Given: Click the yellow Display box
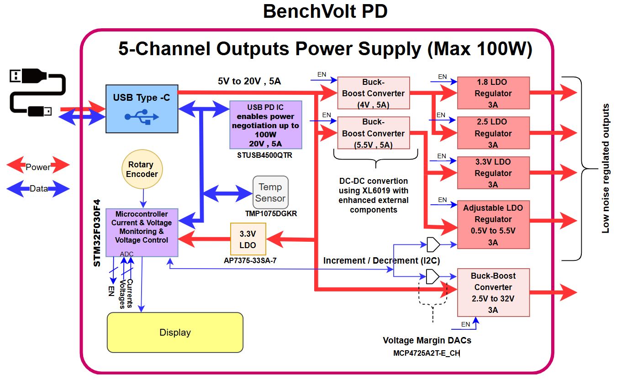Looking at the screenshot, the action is click(175, 332).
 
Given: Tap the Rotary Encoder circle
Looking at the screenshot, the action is click(142, 169).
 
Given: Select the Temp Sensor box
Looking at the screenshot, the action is click(270, 192).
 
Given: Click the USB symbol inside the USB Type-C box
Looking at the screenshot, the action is click(142, 117).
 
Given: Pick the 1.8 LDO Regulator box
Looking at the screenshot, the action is click(494, 93).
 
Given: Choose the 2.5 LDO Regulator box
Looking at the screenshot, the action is click(494, 133).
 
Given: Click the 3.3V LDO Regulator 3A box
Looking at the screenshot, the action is click(494, 173).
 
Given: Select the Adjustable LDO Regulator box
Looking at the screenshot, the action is click(494, 225).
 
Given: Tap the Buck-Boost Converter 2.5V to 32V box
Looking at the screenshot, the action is click(494, 293).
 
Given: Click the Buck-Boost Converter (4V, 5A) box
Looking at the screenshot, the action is click(374, 93).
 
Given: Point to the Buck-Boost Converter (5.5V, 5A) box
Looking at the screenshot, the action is click(374, 133).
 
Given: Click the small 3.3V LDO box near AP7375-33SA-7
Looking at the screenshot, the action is click(248, 239).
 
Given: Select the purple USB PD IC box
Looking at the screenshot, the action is click(266, 125).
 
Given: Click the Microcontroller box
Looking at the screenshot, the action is click(142, 233).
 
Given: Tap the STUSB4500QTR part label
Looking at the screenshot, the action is click(264, 156).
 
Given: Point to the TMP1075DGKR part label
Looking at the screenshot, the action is click(271, 213).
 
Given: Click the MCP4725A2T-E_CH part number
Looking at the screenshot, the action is click(427, 353).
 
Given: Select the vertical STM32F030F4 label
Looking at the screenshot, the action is click(97, 233).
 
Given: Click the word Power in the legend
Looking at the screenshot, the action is click(38, 167).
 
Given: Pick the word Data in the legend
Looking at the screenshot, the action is click(39, 189).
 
